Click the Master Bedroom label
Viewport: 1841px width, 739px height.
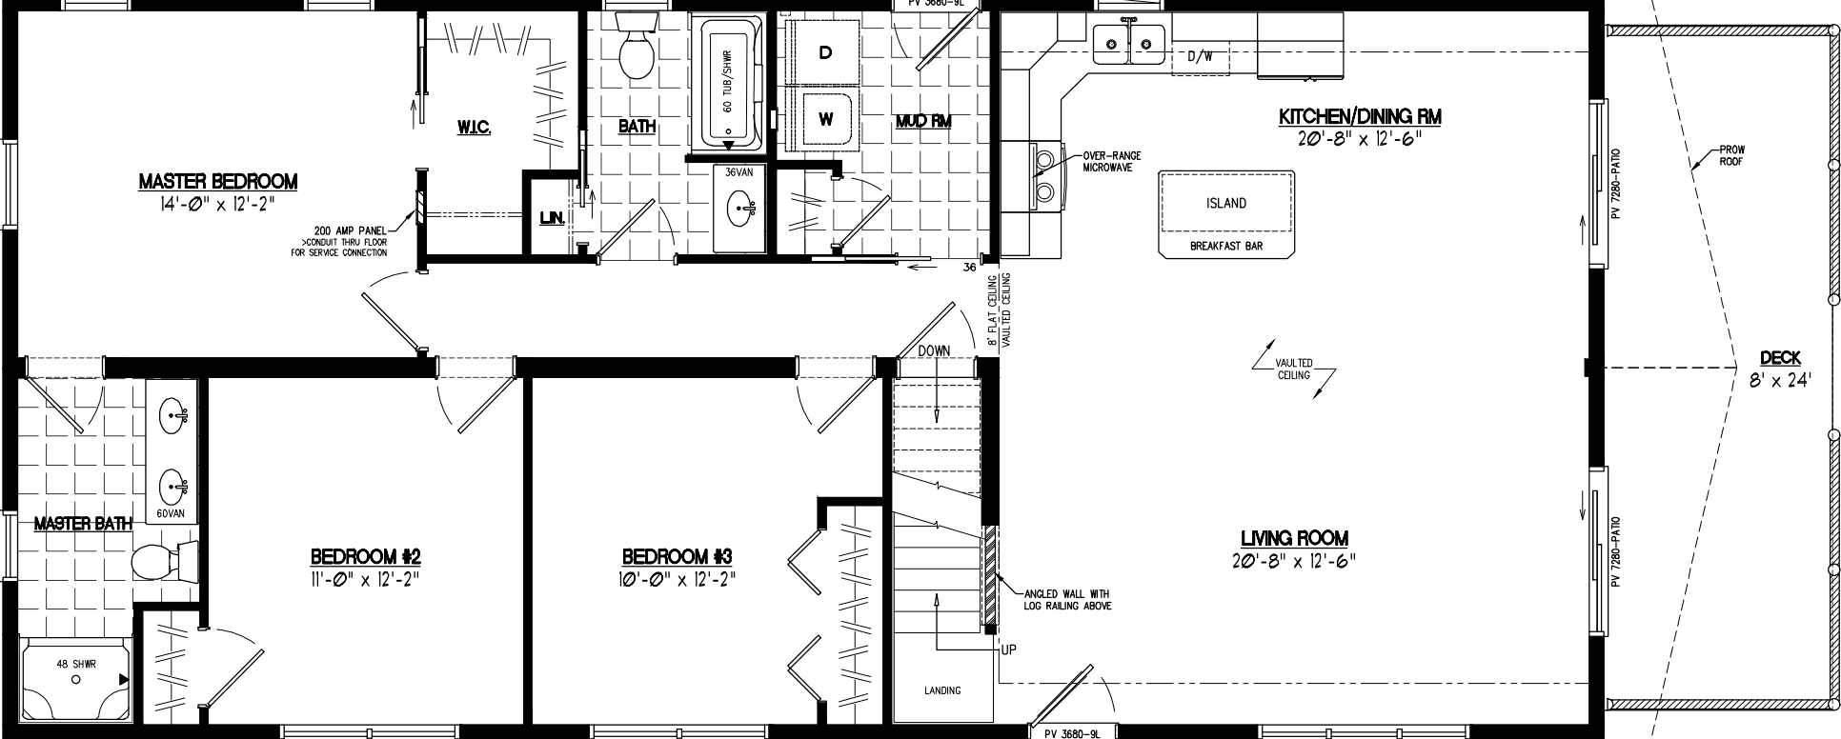click(217, 181)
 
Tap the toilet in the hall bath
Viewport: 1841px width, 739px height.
click(635, 52)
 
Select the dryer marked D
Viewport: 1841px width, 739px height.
click(825, 53)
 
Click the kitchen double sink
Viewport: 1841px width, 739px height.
click(1129, 41)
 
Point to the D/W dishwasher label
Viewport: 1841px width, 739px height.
click(1200, 56)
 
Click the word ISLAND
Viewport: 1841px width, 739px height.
click(1226, 203)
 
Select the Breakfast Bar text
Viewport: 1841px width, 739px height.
click(1225, 246)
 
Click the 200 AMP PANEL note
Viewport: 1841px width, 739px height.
click(350, 241)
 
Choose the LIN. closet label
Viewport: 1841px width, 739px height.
click(552, 219)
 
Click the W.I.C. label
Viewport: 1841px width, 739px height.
click(473, 128)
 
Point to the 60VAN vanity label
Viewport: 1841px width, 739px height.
click(171, 513)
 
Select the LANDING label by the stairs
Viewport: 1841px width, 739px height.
click(942, 690)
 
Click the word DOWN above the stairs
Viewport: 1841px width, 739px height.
click(934, 350)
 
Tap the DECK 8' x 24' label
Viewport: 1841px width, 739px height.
click(1779, 366)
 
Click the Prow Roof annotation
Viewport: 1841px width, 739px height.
click(1732, 156)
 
